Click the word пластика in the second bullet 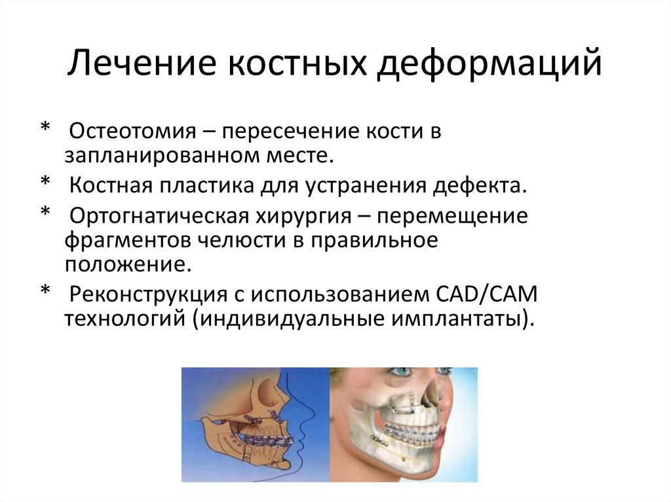[x=200, y=185]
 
